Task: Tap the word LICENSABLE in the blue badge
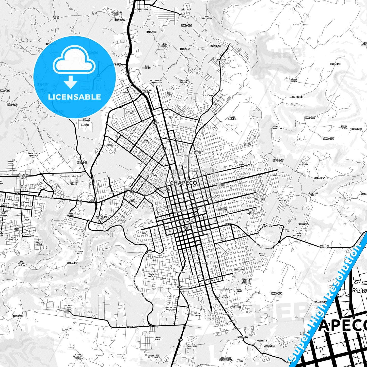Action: (74, 97)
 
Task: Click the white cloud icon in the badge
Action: (74, 60)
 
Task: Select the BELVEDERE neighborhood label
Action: (143, 10)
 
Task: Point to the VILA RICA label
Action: (186, 10)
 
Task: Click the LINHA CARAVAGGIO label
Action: (206, 17)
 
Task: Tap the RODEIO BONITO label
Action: (294, 81)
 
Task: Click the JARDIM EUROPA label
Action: (248, 144)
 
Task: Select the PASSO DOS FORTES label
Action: (197, 152)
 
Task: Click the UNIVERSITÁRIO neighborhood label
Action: (208, 280)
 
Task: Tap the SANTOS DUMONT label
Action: (158, 339)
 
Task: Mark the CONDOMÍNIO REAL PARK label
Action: (153, 357)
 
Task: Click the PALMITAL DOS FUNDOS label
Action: (69, 308)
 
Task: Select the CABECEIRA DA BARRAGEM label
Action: (33, 154)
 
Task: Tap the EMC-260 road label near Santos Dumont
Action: (131, 327)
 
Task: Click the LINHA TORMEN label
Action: (56, 17)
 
